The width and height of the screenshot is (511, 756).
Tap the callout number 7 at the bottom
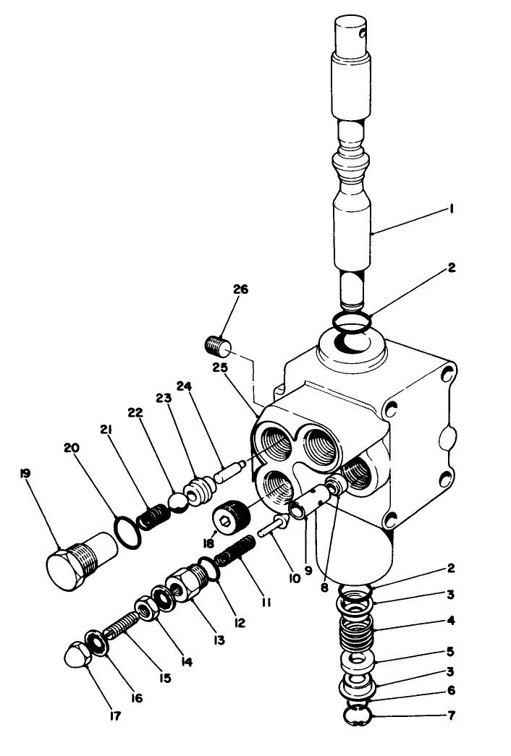click(450, 718)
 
